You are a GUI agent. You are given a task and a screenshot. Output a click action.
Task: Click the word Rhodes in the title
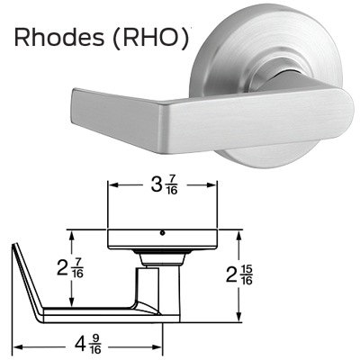pyautogui.click(x=59, y=37)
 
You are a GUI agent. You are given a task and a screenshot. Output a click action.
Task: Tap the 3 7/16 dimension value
pyautogui.click(x=164, y=185)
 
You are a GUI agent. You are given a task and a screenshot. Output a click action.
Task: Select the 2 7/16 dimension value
pyautogui.click(x=70, y=268)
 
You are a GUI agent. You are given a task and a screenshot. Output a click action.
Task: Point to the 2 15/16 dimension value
pyautogui.click(x=239, y=275)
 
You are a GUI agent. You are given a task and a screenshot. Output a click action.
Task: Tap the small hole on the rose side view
pyautogui.click(x=162, y=233)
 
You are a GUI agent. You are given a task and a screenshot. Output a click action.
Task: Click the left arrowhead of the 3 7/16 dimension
pyautogui.click(x=112, y=185)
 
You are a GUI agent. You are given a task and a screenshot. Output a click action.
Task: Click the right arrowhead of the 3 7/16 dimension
pyautogui.click(x=211, y=185)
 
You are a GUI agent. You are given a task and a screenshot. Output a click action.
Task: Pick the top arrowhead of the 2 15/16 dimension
pyautogui.click(x=238, y=235)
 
